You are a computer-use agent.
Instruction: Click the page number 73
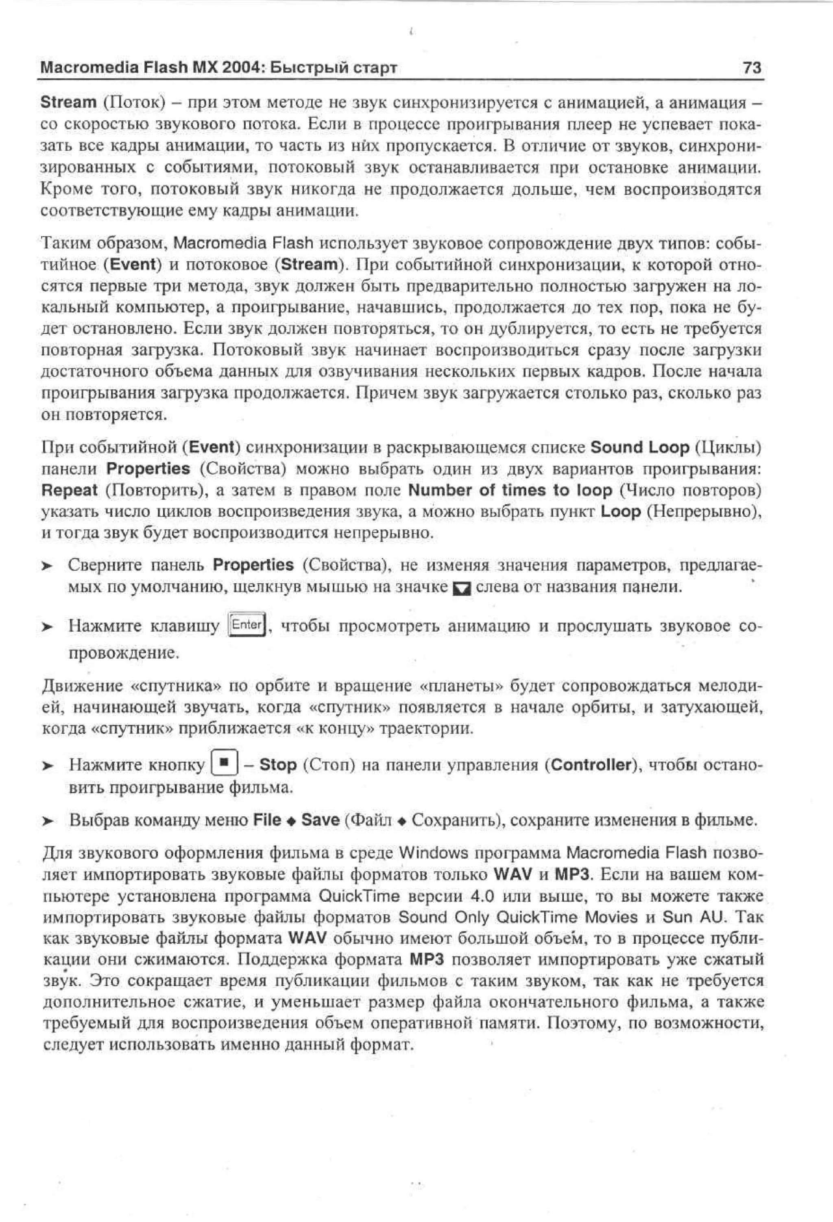[752, 68]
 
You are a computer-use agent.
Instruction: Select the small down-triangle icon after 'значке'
[460, 588]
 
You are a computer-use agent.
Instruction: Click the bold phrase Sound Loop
[640, 448]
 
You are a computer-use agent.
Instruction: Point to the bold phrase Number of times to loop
[510, 491]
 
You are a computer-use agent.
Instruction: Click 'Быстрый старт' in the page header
[336, 68]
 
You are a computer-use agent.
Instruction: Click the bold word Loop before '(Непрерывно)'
[620, 512]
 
